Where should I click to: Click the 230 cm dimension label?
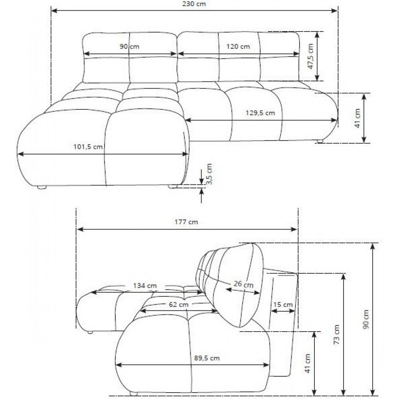click(x=194, y=4)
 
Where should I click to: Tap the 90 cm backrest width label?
click(x=129, y=47)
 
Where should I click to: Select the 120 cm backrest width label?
click(x=238, y=47)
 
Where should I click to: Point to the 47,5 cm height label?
click(x=310, y=56)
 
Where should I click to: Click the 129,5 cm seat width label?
click(x=260, y=113)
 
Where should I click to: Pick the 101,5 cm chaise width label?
click(x=88, y=147)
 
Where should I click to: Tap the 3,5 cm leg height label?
click(x=209, y=174)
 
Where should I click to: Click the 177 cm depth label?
click(x=186, y=222)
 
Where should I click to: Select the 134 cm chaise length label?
click(x=145, y=286)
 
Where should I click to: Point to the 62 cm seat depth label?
click(x=179, y=304)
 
